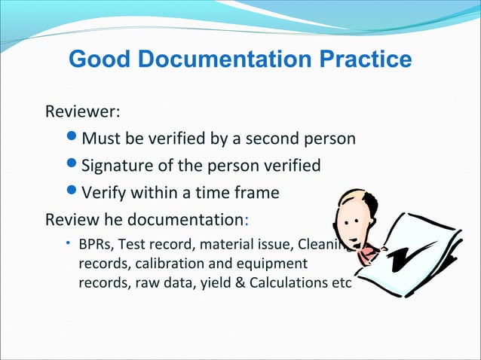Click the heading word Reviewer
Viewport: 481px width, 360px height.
click(83, 113)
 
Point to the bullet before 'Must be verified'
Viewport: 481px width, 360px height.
click(72, 140)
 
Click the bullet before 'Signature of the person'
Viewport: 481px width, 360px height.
click(72, 166)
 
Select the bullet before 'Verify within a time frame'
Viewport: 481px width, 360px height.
click(72, 193)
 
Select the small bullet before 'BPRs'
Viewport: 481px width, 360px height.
click(68, 243)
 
